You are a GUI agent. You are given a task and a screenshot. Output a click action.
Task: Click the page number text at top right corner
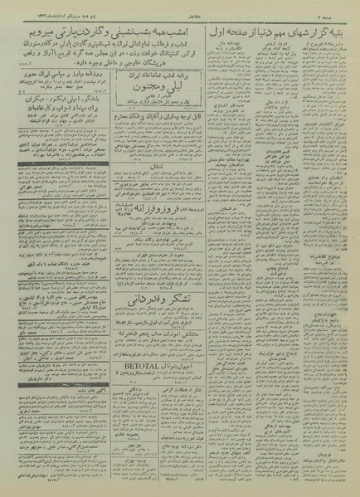(x=340, y=16)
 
